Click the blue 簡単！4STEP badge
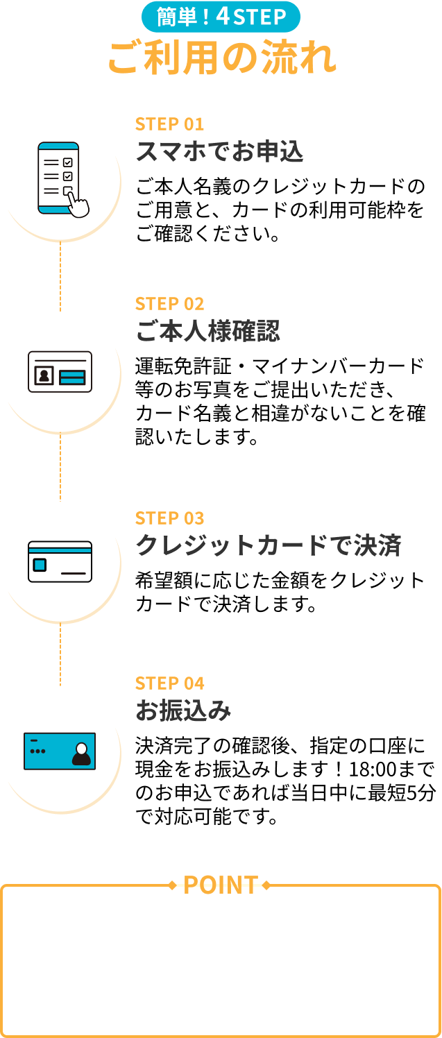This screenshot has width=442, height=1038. [x=221, y=17]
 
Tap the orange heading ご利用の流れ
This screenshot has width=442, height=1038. [x=221, y=59]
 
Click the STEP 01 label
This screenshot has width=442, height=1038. [x=169, y=124]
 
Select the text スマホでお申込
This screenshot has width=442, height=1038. [x=219, y=151]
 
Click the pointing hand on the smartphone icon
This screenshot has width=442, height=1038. [x=78, y=203]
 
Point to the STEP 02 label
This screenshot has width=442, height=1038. [x=169, y=304]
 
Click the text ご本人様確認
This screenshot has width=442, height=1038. [x=207, y=332]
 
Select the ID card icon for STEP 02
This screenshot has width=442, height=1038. [x=60, y=372]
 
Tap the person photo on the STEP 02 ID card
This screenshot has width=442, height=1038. [x=44, y=376]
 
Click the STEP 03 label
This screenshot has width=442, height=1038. [x=169, y=518]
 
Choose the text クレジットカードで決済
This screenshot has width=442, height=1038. [x=268, y=546]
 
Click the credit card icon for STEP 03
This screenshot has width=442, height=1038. [x=60, y=561]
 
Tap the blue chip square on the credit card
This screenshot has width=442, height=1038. [x=40, y=565]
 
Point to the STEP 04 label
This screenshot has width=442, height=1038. [x=169, y=683]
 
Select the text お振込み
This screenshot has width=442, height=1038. [x=182, y=711]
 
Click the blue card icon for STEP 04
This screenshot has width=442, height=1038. [x=60, y=751]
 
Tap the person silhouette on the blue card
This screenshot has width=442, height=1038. [x=81, y=754]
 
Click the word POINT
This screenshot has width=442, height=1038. [x=221, y=885]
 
